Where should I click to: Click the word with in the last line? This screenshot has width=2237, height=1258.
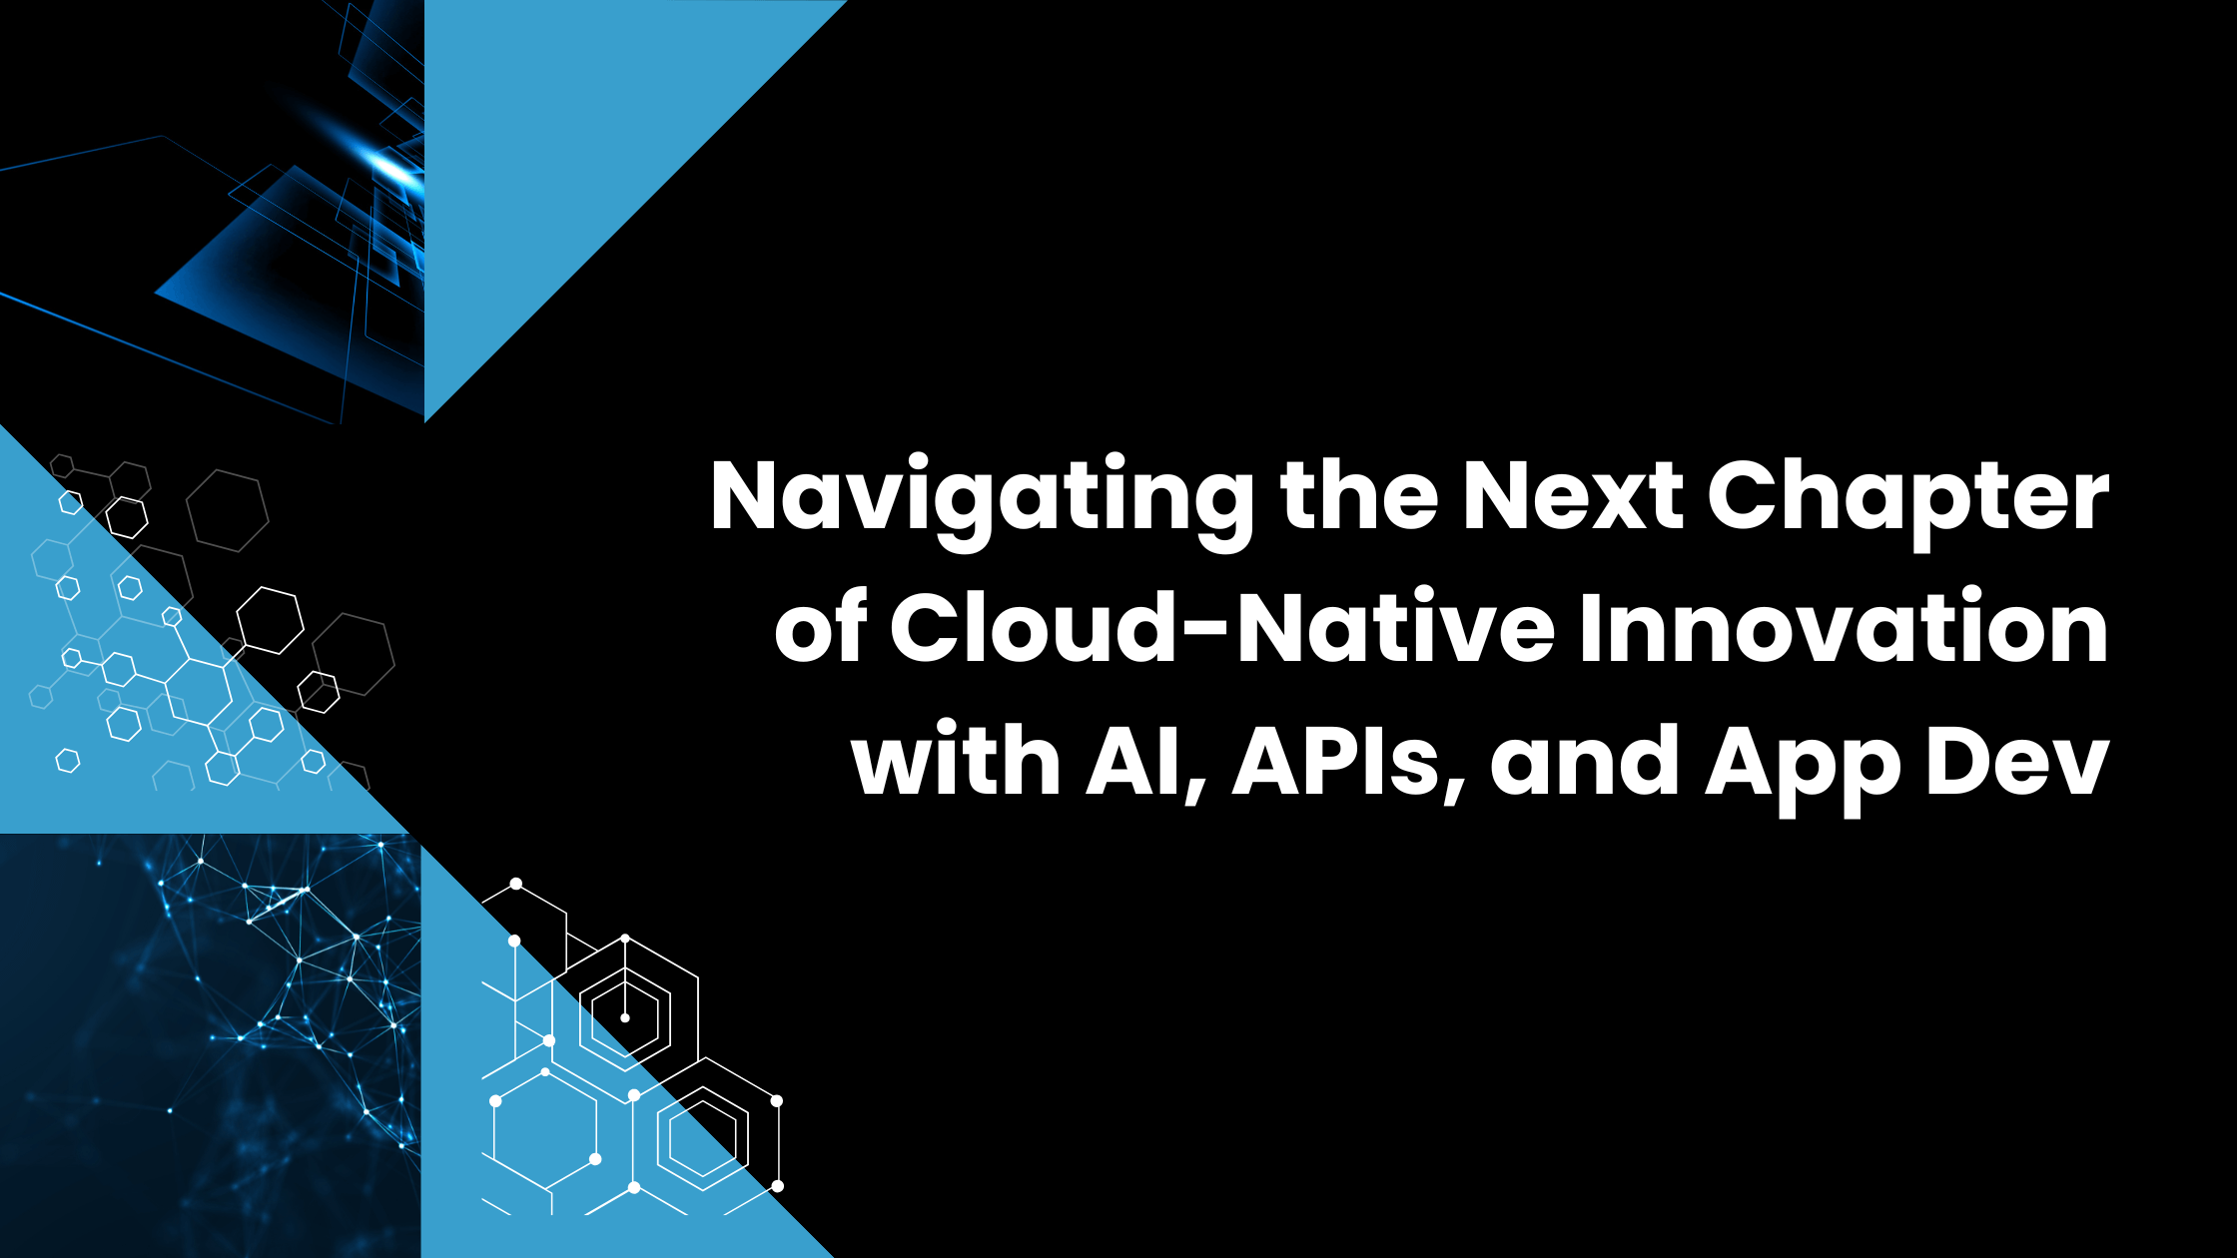click(956, 761)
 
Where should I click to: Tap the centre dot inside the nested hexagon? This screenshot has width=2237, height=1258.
click(625, 1017)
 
